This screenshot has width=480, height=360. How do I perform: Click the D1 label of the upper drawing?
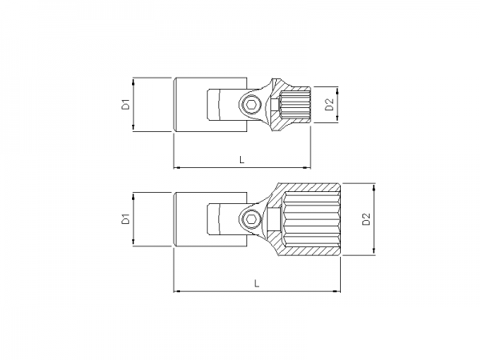pos(126,103)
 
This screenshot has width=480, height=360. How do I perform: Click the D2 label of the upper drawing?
pos(329,104)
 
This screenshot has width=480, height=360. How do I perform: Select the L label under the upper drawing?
pos(242,160)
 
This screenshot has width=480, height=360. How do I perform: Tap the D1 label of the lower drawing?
pos(126,218)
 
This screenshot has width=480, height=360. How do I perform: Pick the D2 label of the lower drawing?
pos(366,219)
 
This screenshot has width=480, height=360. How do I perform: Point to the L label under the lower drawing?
pos(256,282)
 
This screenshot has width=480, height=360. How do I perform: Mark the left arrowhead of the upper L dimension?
pos(177,167)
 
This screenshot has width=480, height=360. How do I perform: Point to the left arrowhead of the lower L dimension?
pos(177,290)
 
